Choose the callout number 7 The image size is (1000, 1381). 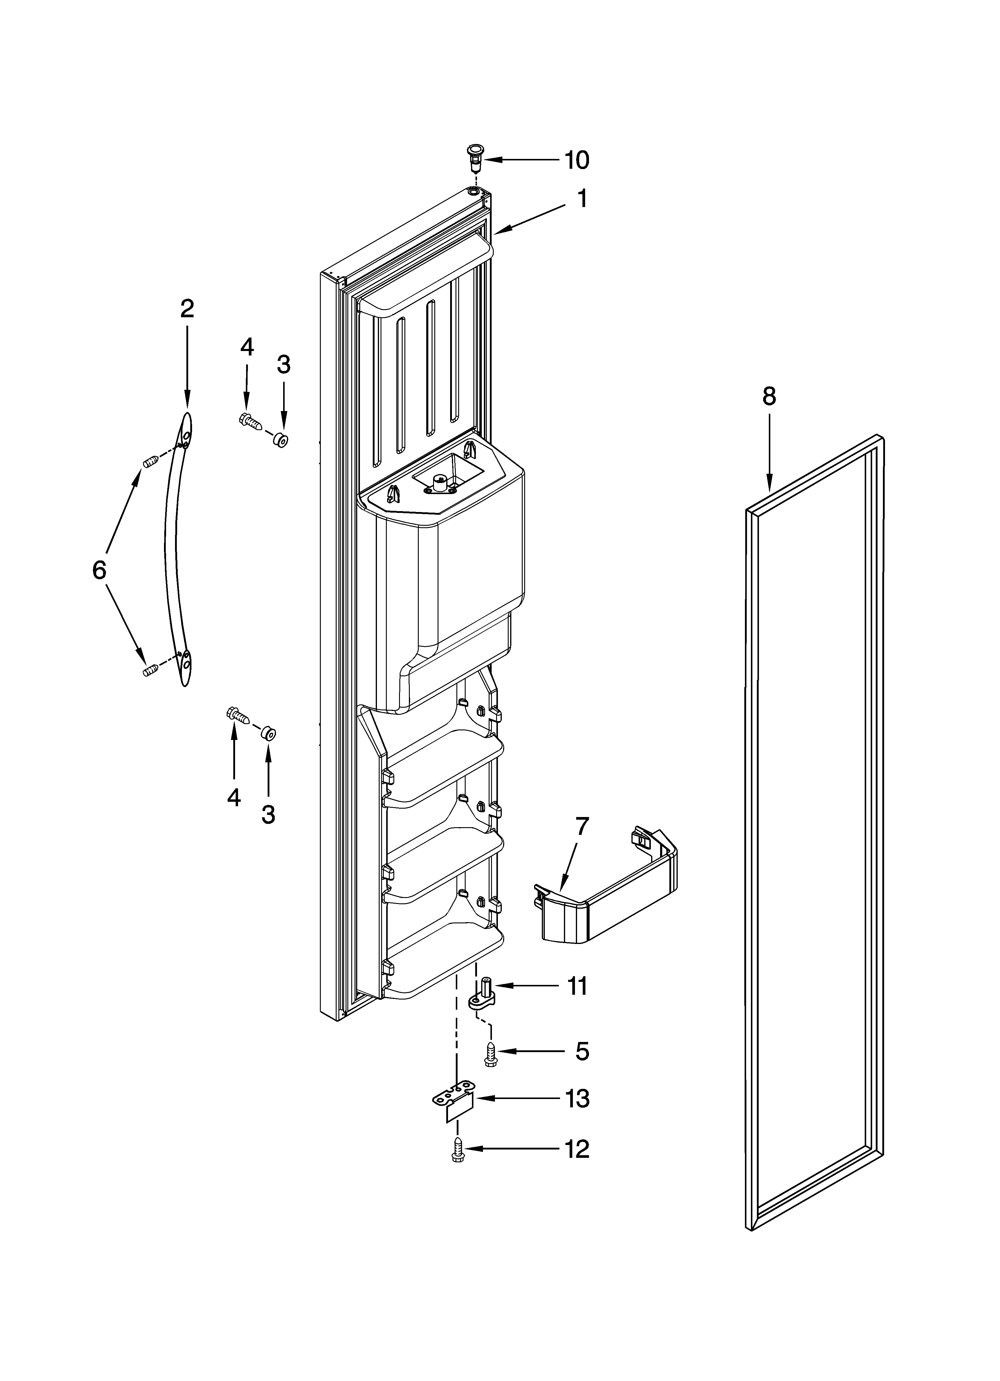coord(582,827)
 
